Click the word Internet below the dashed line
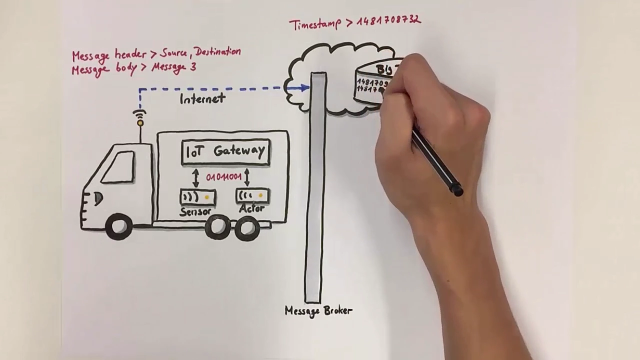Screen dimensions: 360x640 202,99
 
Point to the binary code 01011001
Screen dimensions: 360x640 223,177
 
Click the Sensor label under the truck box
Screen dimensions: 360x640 195,212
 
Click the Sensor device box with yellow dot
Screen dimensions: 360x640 198,197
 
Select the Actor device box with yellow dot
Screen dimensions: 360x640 253,195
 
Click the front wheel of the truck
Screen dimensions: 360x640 119,227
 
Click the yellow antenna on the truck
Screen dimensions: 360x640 140,122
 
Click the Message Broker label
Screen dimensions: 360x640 318,310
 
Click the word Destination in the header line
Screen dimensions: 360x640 218,51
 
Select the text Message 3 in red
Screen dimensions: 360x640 173,67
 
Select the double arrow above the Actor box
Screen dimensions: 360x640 246,177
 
